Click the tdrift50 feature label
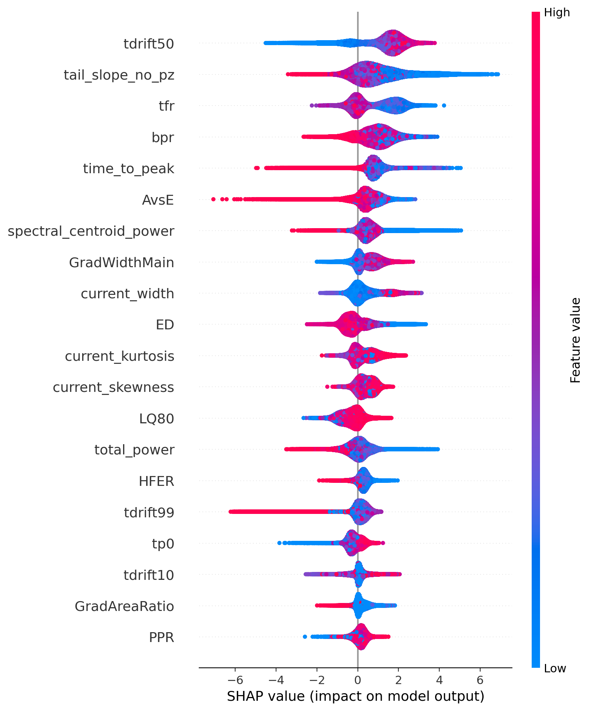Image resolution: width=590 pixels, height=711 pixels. tap(149, 44)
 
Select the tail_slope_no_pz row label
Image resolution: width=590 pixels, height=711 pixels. tap(119, 75)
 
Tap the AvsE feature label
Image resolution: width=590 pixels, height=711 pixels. tap(158, 200)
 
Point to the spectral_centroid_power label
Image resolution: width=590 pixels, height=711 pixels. tap(91, 231)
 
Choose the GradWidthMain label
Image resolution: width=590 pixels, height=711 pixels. tap(122, 262)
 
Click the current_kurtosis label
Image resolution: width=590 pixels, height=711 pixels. tap(120, 356)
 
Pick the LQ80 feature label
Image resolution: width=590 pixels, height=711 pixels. tap(156, 419)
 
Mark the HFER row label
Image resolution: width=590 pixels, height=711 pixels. tap(156, 481)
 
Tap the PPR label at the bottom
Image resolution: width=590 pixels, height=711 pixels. tap(161, 637)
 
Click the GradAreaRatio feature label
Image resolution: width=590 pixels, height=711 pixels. tap(124, 606)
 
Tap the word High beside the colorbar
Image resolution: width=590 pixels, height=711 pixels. tap(557, 13)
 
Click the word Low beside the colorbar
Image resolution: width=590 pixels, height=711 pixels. tap(555, 669)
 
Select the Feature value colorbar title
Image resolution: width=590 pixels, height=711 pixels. tap(575, 340)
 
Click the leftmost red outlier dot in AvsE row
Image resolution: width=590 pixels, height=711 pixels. tap(213, 199)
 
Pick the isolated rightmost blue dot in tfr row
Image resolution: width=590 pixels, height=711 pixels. tap(444, 105)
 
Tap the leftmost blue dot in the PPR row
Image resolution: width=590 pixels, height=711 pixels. tap(305, 637)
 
